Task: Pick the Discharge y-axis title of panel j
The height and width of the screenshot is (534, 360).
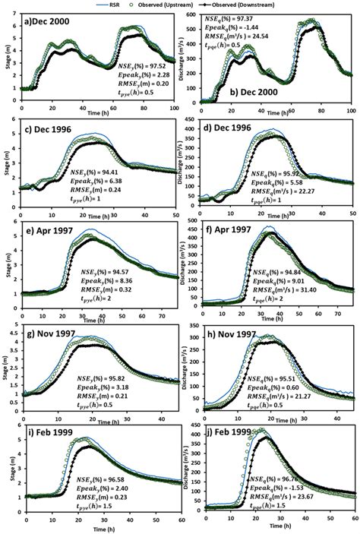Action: point(186,472)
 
